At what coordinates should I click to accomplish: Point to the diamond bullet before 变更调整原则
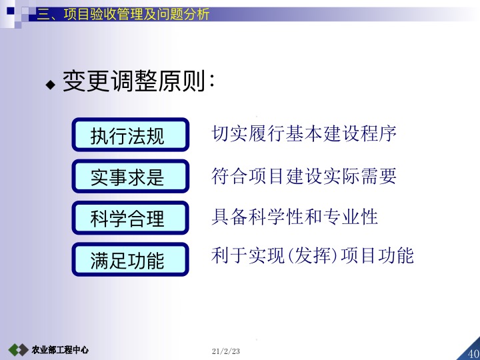(x=50, y=85)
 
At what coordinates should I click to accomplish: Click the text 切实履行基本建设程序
(x=304, y=135)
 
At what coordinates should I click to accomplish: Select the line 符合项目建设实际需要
(x=304, y=176)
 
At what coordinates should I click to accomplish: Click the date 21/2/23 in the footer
(x=225, y=351)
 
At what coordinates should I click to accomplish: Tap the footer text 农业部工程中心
(x=60, y=350)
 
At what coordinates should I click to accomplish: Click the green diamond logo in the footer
(x=18, y=350)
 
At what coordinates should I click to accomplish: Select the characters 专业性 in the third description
(x=351, y=216)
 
